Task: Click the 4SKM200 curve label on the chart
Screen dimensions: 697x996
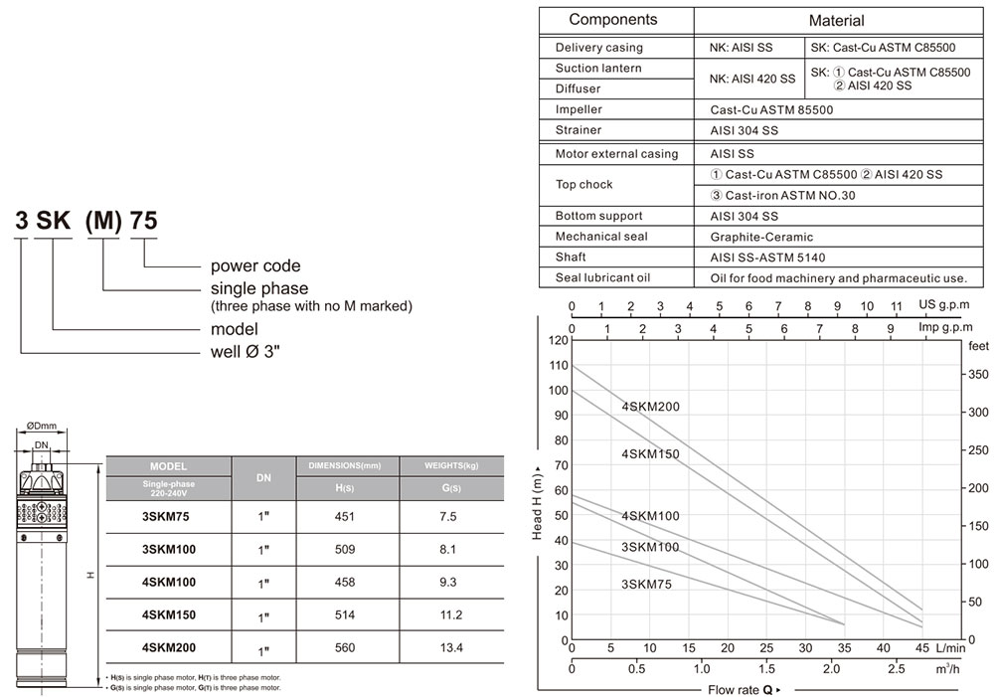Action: (x=650, y=407)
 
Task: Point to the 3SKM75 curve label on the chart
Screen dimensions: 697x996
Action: (x=646, y=585)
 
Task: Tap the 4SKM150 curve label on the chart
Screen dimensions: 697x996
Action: (x=650, y=454)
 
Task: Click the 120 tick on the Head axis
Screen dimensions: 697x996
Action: (x=555, y=340)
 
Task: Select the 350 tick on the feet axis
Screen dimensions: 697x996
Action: (x=978, y=375)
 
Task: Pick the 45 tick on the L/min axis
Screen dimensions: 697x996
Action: (x=922, y=648)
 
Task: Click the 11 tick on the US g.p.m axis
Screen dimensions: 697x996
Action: (x=897, y=306)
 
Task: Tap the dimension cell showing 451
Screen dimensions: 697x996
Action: (x=345, y=517)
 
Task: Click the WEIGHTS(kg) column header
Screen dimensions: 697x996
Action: (x=450, y=465)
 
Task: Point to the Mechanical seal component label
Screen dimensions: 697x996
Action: (x=600, y=237)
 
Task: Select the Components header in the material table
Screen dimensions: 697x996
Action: (x=612, y=20)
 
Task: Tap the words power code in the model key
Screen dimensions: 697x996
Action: (x=254, y=266)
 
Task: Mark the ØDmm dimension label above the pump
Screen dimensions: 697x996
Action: (x=41, y=426)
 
